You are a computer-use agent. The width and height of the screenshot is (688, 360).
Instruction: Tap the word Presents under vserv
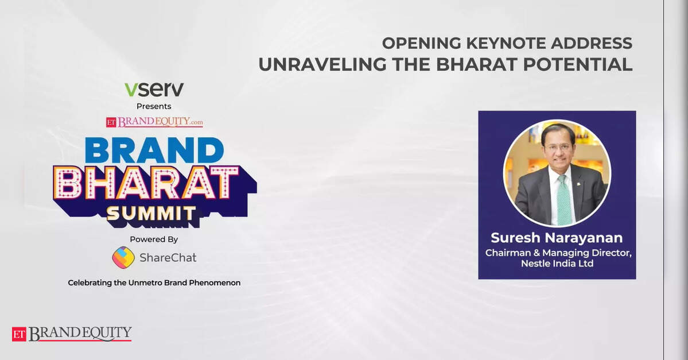[x=154, y=106]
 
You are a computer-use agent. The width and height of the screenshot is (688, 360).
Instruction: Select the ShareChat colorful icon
[x=123, y=257]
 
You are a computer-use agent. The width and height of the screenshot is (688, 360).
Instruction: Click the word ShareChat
[x=168, y=257]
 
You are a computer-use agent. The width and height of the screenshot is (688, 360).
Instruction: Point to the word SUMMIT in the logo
[x=151, y=214]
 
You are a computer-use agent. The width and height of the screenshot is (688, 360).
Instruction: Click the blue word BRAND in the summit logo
[x=154, y=150]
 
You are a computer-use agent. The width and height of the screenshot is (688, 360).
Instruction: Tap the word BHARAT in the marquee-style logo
[x=147, y=183]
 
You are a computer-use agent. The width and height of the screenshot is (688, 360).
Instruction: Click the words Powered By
[x=154, y=239]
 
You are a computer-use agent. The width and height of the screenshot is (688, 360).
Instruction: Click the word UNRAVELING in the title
[x=323, y=64]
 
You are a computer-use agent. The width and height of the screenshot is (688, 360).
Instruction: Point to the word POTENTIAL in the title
[x=578, y=64]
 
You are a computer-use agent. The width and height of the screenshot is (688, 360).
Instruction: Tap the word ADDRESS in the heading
[x=592, y=43]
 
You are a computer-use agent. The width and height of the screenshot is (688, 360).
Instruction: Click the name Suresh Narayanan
[x=557, y=238]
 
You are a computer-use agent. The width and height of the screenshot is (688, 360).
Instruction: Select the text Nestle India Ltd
[x=557, y=264]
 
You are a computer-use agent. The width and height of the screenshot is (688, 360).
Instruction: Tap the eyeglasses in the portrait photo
[x=558, y=148]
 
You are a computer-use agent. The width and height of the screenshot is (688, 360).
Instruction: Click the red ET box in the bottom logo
[x=19, y=334]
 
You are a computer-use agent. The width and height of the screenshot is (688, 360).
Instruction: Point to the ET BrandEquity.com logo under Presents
[x=154, y=122]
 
